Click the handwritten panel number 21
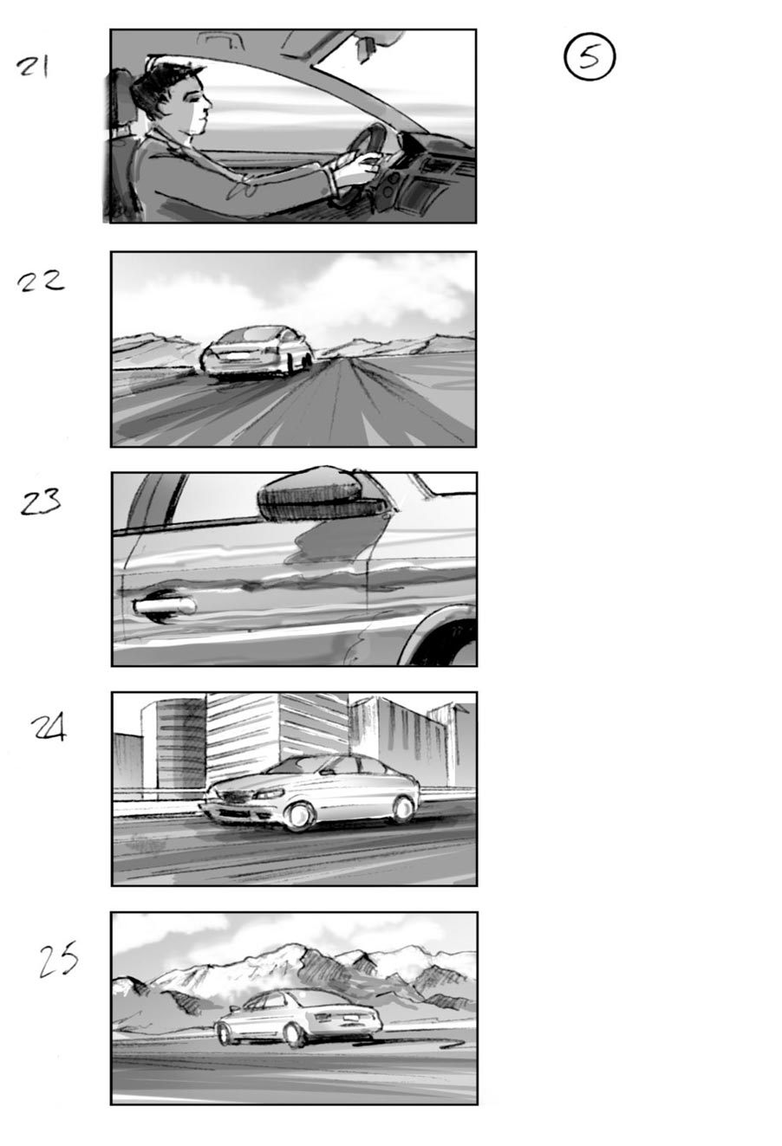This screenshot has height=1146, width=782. [x=33, y=67]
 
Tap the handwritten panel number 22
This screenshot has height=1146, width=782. [x=40, y=281]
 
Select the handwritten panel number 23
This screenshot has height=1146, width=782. [x=41, y=502]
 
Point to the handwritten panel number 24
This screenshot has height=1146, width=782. [x=49, y=728]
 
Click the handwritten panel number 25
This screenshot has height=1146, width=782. [x=58, y=961]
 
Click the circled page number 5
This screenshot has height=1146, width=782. [x=590, y=57]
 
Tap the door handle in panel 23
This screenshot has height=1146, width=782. [x=165, y=606]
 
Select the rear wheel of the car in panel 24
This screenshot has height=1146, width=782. [x=403, y=809]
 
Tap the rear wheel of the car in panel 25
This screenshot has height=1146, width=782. [x=296, y=1033]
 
